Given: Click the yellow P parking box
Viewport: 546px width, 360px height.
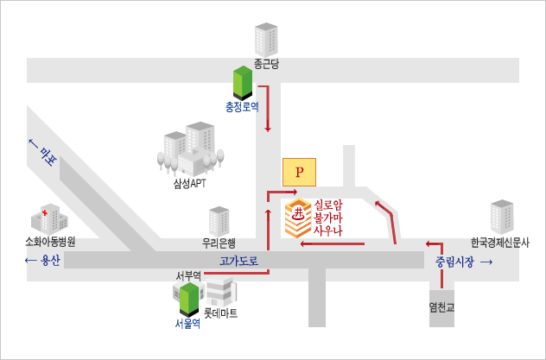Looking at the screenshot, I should [299, 172].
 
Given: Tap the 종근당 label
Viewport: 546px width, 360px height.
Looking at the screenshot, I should [265, 63].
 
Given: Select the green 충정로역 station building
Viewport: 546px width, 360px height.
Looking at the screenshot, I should [243, 83].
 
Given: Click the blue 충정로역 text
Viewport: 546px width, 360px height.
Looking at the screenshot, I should [242, 107].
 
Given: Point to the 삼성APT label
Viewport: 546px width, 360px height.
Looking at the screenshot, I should [189, 182].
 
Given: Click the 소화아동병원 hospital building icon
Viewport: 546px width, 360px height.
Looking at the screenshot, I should [48, 218].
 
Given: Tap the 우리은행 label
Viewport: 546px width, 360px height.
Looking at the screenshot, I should [219, 243].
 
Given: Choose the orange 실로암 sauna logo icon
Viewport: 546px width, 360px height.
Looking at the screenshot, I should [298, 218].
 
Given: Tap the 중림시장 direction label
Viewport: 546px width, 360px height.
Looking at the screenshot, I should [454, 261].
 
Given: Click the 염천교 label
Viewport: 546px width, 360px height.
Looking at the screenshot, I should [441, 306].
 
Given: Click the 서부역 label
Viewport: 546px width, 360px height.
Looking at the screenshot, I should [188, 276].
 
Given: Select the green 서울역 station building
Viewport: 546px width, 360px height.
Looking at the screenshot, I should [188, 299].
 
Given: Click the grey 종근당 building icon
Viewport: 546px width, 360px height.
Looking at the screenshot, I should [265, 39].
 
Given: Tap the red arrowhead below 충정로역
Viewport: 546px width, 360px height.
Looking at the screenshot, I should [268, 129].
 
